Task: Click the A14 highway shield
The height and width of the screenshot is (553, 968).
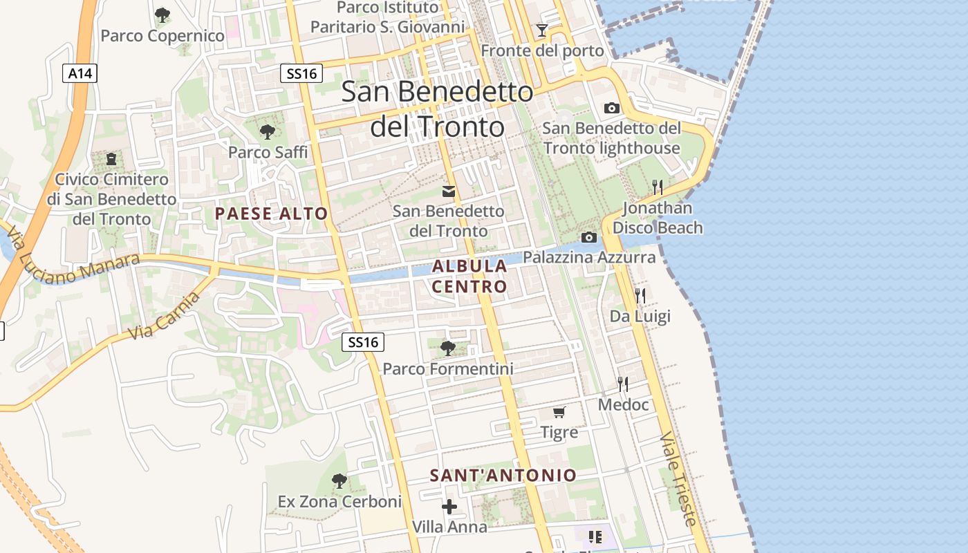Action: (x=80, y=73)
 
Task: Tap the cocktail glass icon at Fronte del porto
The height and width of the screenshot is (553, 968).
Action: (x=542, y=30)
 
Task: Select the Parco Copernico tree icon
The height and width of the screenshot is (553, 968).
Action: (x=162, y=15)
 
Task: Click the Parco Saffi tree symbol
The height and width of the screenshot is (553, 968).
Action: (x=267, y=131)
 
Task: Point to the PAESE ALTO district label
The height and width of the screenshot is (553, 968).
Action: (x=271, y=214)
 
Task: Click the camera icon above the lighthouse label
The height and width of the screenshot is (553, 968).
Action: (x=611, y=108)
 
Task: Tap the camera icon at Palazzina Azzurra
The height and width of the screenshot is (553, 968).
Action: (x=589, y=238)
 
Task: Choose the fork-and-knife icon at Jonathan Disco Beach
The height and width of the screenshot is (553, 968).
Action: (x=658, y=187)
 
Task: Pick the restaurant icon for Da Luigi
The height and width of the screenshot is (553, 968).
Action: (x=640, y=296)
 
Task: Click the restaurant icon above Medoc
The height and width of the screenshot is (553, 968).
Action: (x=623, y=384)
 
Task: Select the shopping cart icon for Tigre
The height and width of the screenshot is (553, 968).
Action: (x=559, y=413)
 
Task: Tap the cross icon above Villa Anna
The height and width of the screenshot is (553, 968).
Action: (x=449, y=507)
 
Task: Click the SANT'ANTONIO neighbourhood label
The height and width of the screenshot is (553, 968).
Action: (x=503, y=476)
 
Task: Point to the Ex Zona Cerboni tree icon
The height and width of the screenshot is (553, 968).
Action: (x=339, y=480)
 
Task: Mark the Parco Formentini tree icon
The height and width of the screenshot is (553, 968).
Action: (x=448, y=348)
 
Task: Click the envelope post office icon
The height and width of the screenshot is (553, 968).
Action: (x=449, y=191)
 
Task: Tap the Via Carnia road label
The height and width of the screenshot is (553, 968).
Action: (x=165, y=316)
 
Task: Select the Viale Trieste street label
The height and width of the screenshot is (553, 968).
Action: (x=678, y=479)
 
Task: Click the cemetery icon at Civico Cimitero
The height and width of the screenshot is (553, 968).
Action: (x=111, y=159)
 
